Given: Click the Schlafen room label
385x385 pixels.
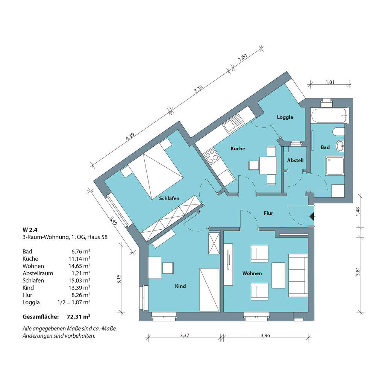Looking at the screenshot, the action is pyautogui.click(x=169, y=199).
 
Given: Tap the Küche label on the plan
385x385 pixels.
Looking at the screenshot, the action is pyautogui.click(x=238, y=149).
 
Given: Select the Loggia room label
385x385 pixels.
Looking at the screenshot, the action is pyautogui.click(x=285, y=117).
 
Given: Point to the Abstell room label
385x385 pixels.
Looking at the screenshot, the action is pyautogui.click(x=296, y=160).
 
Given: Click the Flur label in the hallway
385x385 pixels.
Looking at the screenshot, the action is pyautogui.click(x=268, y=213).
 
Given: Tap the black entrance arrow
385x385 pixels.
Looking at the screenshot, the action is pyautogui.click(x=312, y=217).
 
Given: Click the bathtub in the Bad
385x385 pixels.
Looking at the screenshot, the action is pyautogui.click(x=329, y=115).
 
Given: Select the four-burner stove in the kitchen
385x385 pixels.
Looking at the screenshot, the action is pyautogui.click(x=211, y=156).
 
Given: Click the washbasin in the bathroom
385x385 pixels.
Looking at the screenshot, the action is pyautogui.click(x=340, y=146).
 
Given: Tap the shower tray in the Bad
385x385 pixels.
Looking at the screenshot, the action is pyautogui.click(x=335, y=166).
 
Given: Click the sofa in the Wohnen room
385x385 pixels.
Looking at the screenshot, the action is pyautogui.click(x=298, y=275).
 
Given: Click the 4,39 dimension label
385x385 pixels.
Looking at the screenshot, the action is pyautogui.click(x=130, y=136).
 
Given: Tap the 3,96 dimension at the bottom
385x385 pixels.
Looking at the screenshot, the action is pyautogui.click(x=265, y=335).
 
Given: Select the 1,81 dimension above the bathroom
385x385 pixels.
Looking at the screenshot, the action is pyautogui.click(x=330, y=82).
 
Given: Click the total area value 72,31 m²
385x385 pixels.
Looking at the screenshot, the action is pyautogui.click(x=78, y=317).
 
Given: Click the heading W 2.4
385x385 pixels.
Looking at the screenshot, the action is pyautogui.click(x=30, y=230).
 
